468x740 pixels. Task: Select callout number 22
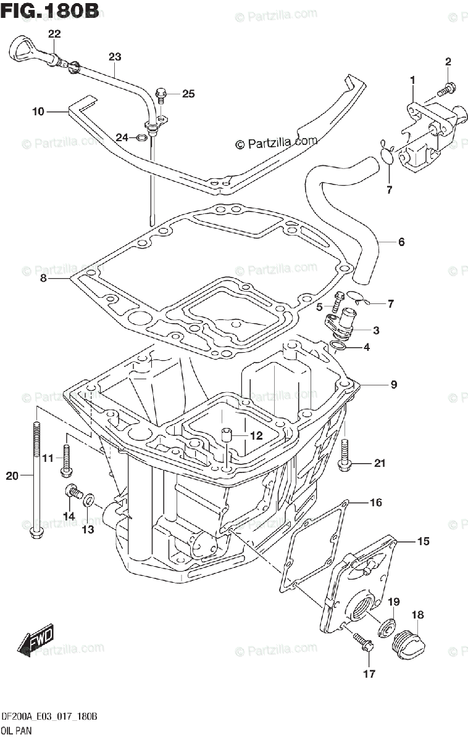pos(54,34)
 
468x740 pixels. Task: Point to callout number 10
pos(38,112)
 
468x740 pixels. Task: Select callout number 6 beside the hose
pos(401,242)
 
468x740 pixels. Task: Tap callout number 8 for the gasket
pos(43,279)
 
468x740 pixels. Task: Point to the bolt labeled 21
pos(345,456)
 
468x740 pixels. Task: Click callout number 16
pos(376,503)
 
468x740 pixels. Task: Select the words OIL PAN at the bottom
pos(17,731)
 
